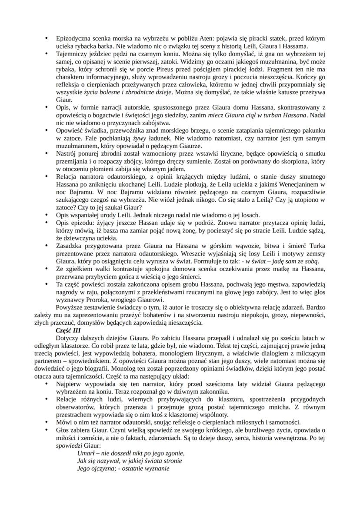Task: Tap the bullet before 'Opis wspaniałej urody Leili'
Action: point(47,215)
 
